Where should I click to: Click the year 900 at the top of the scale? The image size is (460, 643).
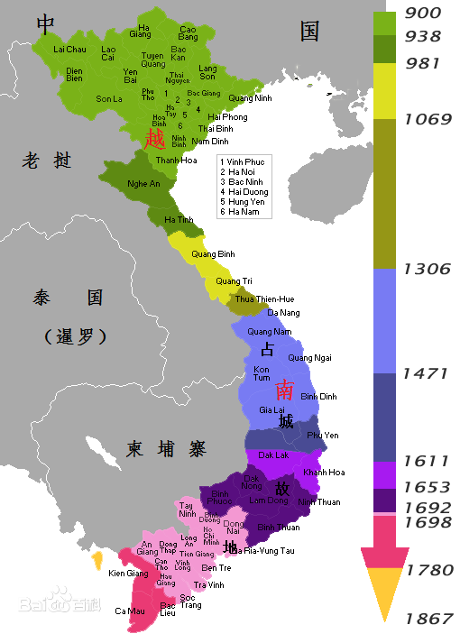pyautogui.click(x=423, y=12)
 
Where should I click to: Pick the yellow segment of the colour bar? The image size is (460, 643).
pyautogui.click(x=386, y=89)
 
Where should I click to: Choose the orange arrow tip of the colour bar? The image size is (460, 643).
pyautogui.click(x=385, y=592)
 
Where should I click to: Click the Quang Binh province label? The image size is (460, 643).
pyautogui.click(x=213, y=253)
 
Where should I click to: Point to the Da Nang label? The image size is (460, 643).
pyautogui.click(x=284, y=312)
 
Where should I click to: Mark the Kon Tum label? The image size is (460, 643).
pyautogui.click(x=262, y=373)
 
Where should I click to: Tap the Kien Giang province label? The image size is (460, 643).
pyautogui.click(x=128, y=573)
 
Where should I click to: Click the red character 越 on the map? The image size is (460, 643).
pyautogui.click(x=155, y=137)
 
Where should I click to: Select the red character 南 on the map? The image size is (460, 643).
pyautogui.click(x=284, y=390)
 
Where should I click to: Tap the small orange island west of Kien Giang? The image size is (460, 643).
pyautogui.click(x=97, y=561)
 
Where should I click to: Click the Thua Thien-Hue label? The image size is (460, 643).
pyautogui.click(x=264, y=299)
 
